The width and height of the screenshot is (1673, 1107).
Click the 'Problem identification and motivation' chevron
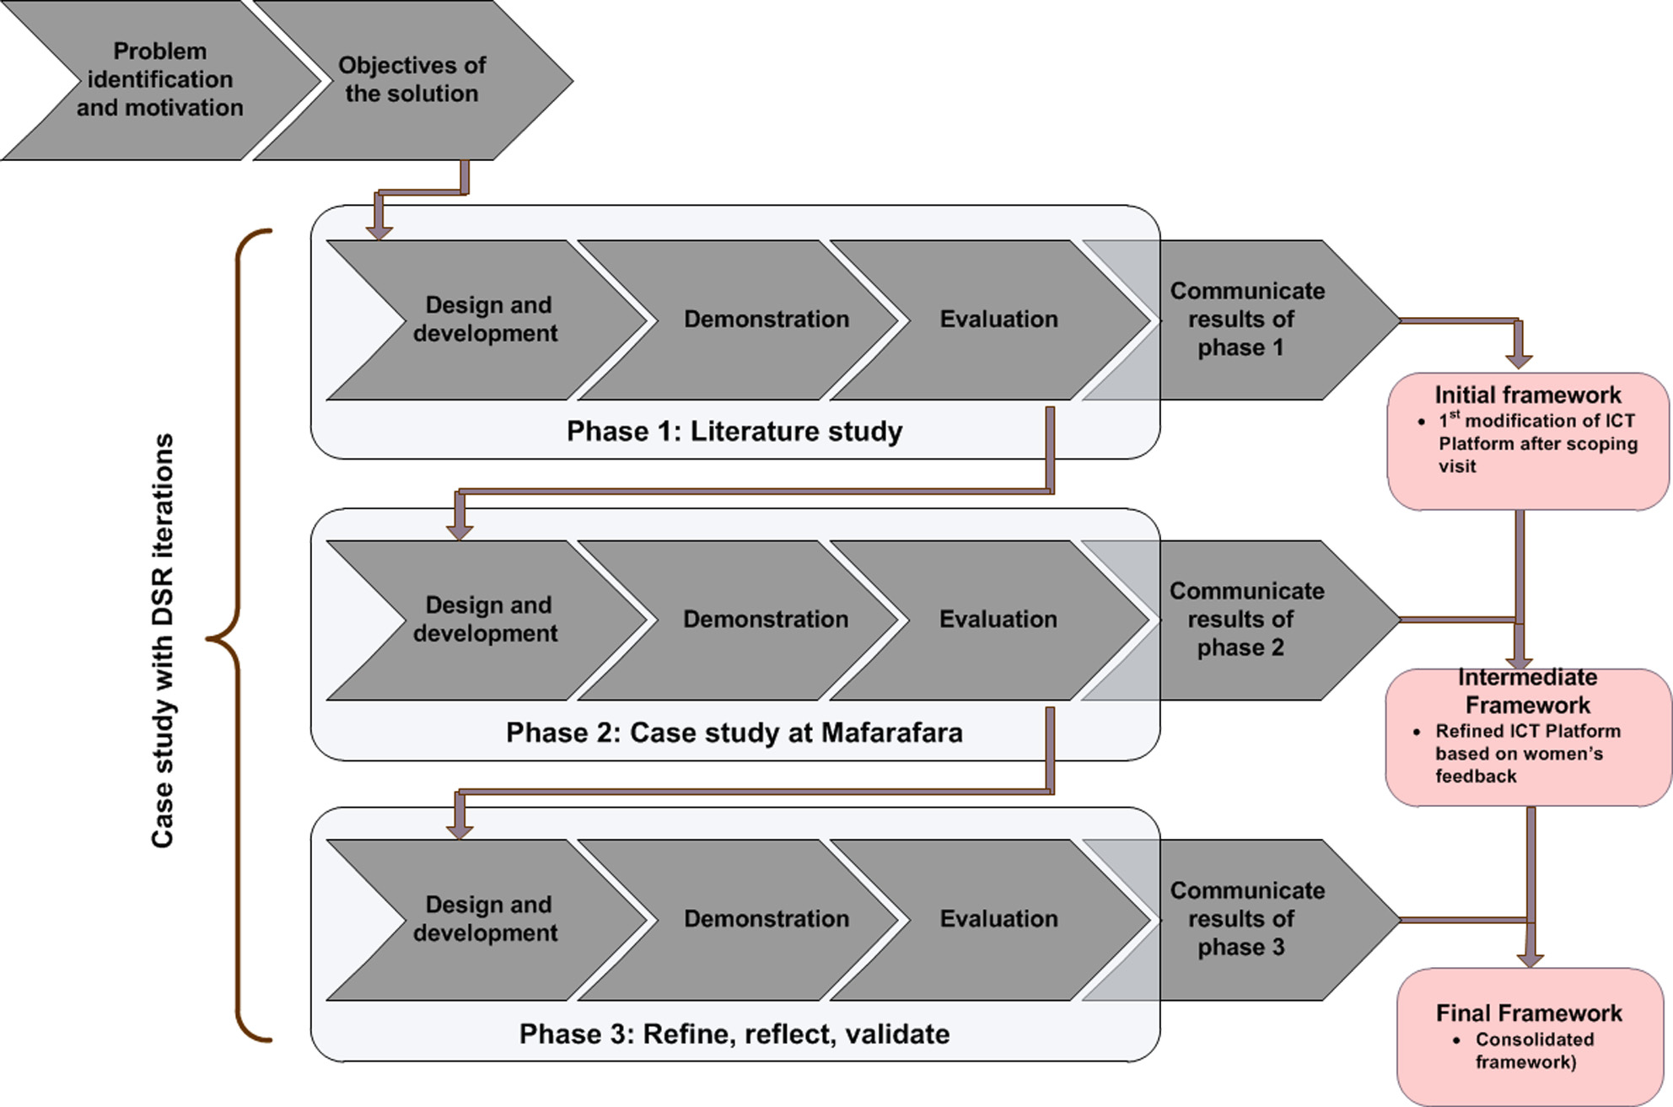coord(160,80)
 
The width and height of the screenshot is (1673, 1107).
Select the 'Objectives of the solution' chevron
coord(412,80)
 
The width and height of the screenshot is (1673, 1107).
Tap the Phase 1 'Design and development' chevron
coord(486,320)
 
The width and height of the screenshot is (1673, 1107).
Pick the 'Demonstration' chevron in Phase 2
coord(765,620)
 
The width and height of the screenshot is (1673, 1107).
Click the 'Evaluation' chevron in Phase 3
coord(998,919)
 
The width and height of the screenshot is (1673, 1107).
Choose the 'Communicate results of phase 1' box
coord(1246,320)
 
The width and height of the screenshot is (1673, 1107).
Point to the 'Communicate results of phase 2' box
coord(1246,620)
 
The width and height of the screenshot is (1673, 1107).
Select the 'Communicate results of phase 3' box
coord(1246,919)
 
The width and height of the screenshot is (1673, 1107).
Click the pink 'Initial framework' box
coord(1528,441)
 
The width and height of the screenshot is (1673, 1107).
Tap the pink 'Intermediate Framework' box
coord(1528,737)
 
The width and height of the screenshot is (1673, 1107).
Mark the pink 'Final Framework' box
coord(1530,1036)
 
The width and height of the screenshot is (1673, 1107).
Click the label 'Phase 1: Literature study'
coord(734,432)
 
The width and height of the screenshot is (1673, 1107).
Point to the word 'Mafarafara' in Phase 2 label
coord(891,733)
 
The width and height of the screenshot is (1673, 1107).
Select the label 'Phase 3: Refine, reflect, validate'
coord(734,1034)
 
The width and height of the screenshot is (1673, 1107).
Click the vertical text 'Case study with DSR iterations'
coord(162,640)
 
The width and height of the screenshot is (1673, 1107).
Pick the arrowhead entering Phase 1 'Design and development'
coord(379,231)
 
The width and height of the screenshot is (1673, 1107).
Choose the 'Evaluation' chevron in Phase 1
coord(998,320)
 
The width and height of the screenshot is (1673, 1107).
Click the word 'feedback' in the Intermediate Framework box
coord(1476,777)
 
